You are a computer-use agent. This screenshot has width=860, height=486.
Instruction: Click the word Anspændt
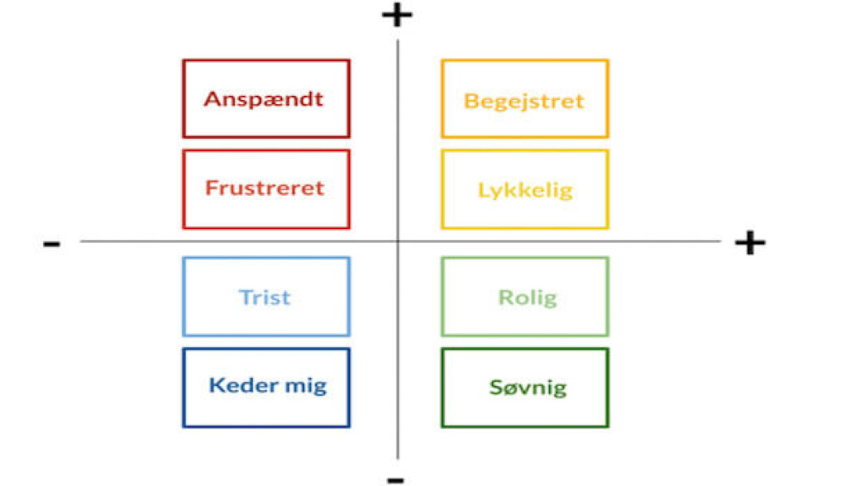[x=264, y=99]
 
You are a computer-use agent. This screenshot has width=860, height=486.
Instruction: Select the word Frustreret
[x=265, y=189]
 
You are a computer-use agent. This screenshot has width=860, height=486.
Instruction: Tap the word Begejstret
[x=524, y=102]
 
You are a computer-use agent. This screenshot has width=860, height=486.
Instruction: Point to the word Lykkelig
[x=525, y=190]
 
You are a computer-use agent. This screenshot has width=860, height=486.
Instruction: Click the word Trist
[x=265, y=297]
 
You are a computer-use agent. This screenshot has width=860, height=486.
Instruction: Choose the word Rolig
[x=528, y=297]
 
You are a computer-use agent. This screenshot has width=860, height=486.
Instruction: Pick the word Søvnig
[x=528, y=388]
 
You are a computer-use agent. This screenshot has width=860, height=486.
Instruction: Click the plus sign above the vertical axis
[x=397, y=15]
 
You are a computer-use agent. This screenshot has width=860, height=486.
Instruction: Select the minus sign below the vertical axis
[x=395, y=480]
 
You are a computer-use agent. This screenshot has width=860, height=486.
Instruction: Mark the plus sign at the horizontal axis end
[x=749, y=242]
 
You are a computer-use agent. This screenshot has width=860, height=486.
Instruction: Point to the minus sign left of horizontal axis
[x=51, y=244]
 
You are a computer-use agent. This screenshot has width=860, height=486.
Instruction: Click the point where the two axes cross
[x=397, y=241]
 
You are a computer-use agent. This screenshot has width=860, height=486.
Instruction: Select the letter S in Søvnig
[x=496, y=388]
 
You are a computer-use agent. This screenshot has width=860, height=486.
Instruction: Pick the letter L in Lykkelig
[x=484, y=190]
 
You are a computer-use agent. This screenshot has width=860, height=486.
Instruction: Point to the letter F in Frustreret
[x=211, y=189]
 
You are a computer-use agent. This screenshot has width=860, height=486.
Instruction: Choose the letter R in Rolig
[x=505, y=297]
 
